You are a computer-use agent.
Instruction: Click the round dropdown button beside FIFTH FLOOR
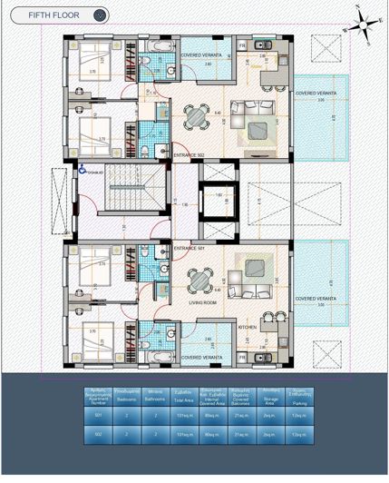(x=101, y=15)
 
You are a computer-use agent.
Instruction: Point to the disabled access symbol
(x=82, y=169)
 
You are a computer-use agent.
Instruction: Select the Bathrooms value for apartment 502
(x=156, y=435)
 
